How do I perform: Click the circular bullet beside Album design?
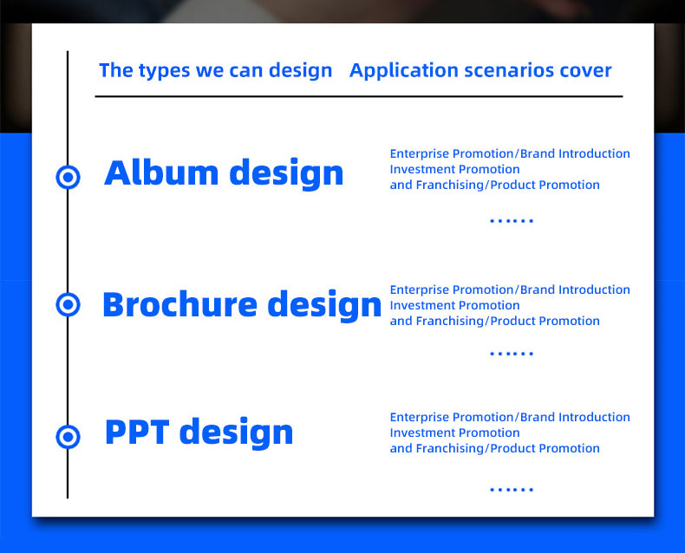click(x=68, y=177)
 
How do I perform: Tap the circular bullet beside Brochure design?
click(x=68, y=304)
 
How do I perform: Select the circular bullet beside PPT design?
click(x=68, y=435)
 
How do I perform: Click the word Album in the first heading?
click(x=158, y=172)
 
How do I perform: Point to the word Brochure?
click(x=179, y=304)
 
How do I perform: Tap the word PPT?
click(x=136, y=432)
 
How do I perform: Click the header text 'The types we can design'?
click(x=215, y=70)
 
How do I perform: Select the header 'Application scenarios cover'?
click(x=480, y=70)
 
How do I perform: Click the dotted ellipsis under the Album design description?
click(x=512, y=221)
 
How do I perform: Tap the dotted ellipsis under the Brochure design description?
click(x=512, y=354)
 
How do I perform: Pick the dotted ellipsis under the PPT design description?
click(x=512, y=490)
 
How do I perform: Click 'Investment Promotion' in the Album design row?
click(x=454, y=169)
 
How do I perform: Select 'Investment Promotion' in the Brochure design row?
click(x=454, y=305)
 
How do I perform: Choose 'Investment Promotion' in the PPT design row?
click(x=454, y=433)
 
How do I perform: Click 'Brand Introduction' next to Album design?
click(x=575, y=153)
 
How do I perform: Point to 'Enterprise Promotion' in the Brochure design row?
click(x=452, y=290)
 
